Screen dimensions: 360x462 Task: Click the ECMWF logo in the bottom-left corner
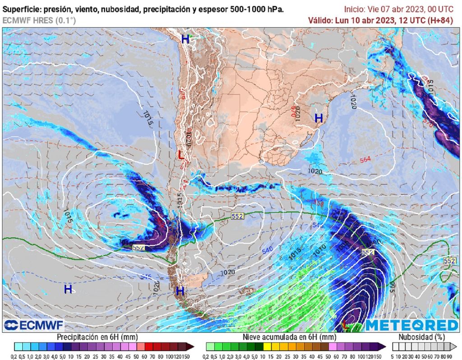tap(34, 325)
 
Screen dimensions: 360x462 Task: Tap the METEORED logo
tap(411, 325)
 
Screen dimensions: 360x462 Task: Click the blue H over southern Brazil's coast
tap(319, 118)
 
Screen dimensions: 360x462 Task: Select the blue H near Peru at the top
tap(185, 39)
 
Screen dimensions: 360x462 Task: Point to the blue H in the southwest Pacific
tap(68, 289)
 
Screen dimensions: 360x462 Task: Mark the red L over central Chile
tap(180, 155)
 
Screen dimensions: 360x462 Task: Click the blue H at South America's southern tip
tap(180, 291)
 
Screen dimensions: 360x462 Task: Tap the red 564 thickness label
tap(365, 160)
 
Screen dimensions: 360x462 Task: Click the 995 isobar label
tap(391, 286)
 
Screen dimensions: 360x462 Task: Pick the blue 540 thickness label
tap(268, 250)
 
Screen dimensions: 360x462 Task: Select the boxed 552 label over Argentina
tap(237, 217)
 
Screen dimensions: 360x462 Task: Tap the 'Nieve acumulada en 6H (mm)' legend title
tap(289, 337)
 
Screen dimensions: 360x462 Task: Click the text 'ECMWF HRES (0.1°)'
tap(39, 20)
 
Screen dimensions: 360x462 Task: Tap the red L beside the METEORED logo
tap(346, 324)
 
